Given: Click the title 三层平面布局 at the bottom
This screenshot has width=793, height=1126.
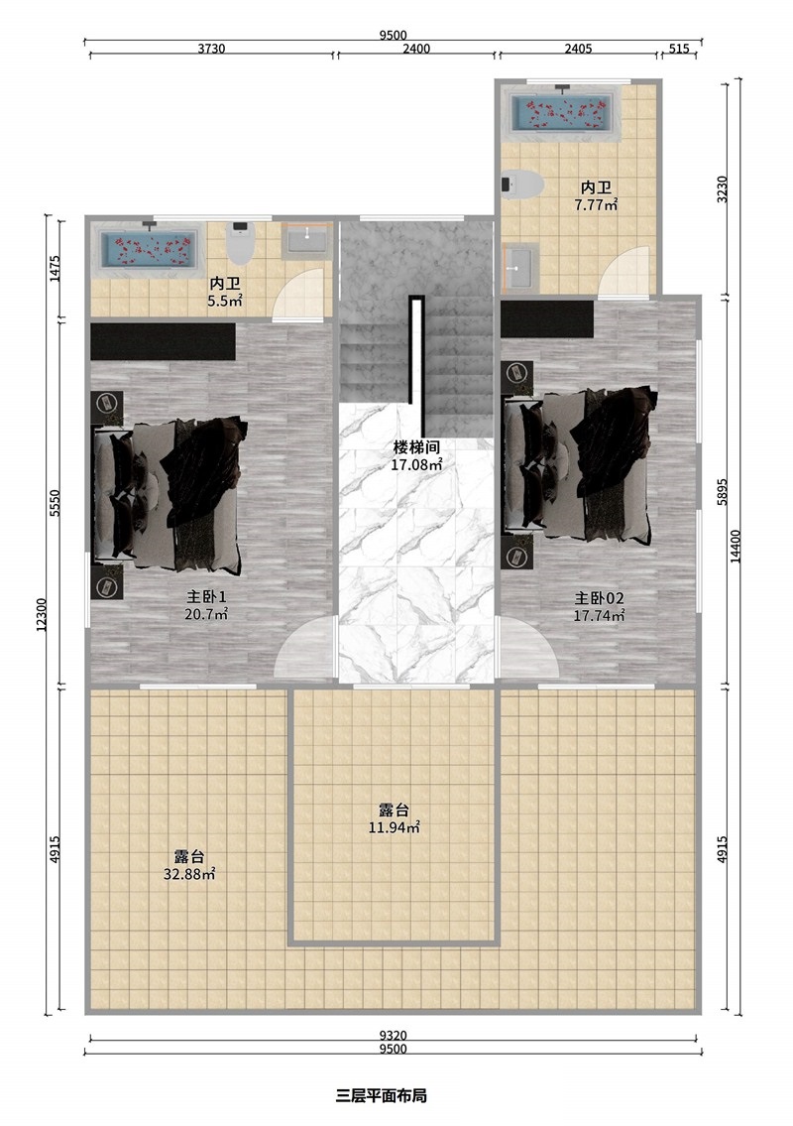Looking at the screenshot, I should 381,1096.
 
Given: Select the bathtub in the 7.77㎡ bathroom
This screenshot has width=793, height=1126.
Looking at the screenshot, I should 561,114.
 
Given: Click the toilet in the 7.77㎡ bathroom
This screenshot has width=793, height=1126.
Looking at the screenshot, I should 523,185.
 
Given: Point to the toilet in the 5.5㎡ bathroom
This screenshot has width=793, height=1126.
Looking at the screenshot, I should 241,241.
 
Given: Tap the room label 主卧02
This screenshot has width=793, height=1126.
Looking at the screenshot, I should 600,598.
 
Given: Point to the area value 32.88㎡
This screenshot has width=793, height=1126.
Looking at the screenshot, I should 189,874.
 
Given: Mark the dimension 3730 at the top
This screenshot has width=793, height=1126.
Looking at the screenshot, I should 211,48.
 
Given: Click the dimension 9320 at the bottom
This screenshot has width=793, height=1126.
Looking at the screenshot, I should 393,1035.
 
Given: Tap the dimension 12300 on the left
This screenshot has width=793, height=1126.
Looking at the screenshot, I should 41,615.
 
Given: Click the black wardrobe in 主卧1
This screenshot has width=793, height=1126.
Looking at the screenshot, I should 163,341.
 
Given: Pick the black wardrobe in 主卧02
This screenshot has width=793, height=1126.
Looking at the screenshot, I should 546,319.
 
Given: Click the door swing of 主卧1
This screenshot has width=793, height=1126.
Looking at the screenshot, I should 305,649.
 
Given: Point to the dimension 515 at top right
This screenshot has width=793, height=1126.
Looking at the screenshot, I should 679,48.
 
